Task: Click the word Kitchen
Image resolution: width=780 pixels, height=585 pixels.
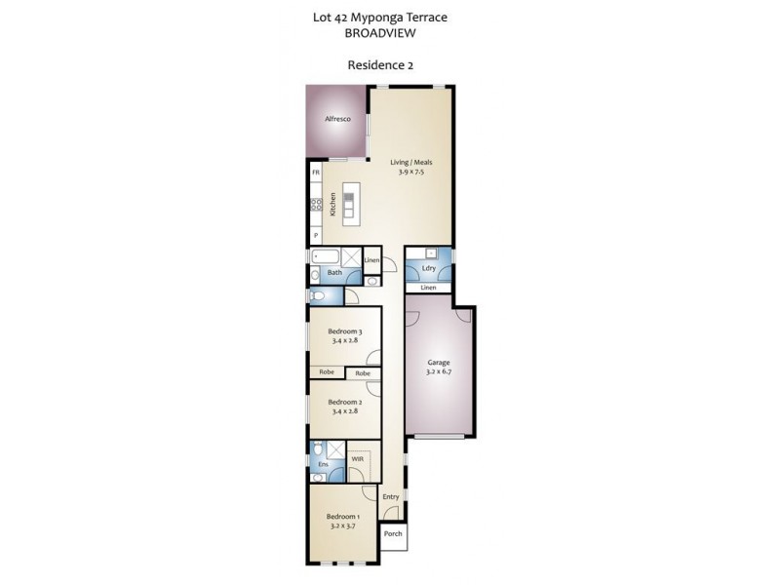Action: (x=333, y=204)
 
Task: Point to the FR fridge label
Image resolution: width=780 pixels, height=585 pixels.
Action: (x=315, y=173)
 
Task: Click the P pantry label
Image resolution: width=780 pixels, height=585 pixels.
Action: (x=315, y=236)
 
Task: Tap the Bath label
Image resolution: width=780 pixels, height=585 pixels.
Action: (x=334, y=273)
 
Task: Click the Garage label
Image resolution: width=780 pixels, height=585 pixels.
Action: (x=438, y=362)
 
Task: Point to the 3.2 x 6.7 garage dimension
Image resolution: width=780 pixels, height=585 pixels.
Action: (x=438, y=371)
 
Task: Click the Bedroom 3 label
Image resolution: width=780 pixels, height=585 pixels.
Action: (x=344, y=332)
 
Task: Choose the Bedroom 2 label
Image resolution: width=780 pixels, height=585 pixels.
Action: (x=344, y=402)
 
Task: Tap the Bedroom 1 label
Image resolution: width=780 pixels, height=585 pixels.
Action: (x=343, y=516)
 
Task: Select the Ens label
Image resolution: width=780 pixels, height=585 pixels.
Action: (x=323, y=465)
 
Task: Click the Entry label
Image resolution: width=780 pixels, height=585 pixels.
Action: (x=391, y=497)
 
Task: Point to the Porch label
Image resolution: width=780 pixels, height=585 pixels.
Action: (x=393, y=534)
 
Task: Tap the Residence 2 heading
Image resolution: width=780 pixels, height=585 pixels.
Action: (x=383, y=66)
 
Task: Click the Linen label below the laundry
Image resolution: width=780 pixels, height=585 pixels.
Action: (x=428, y=289)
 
